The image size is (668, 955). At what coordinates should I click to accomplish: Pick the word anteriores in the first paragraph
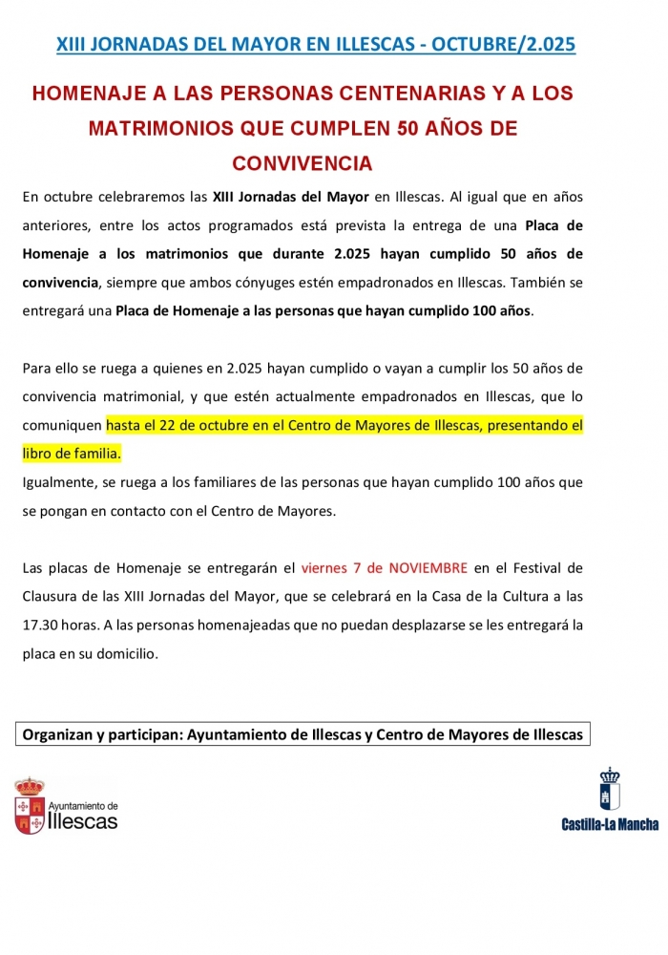point(55,226)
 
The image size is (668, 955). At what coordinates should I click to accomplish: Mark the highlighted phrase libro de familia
point(72,453)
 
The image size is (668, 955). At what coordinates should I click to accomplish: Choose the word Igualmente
point(59,482)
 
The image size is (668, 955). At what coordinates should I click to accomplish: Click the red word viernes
point(324,568)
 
